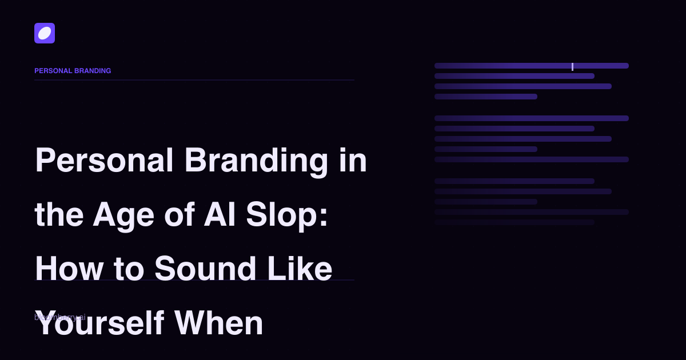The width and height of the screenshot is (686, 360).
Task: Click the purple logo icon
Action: (x=45, y=33)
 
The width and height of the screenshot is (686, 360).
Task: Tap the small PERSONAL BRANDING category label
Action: (x=73, y=71)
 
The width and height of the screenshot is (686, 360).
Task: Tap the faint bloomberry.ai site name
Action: (x=59, y=317)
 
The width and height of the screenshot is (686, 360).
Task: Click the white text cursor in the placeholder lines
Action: (x=572, y=66)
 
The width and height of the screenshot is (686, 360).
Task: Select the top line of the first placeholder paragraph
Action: (x=532, y=66)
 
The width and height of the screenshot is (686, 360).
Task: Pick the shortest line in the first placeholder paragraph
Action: (x=486, y=97)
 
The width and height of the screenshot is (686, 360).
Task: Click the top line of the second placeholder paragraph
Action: (x=532, y=118)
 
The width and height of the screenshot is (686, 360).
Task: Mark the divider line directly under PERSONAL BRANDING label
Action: (x=194, y=80)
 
